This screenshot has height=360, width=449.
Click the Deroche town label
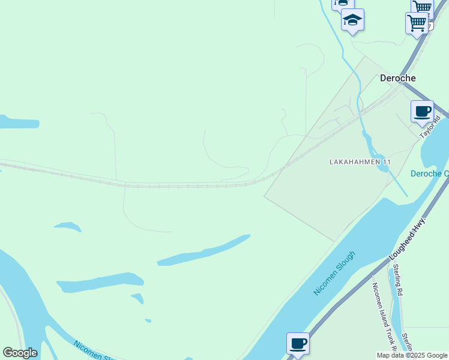397,78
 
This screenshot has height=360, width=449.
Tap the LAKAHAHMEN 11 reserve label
360,163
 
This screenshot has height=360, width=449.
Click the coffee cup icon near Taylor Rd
422,112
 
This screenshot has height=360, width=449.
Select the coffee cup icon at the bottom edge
298,344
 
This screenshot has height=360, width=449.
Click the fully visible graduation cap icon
353,20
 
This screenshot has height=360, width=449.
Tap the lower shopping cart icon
417,23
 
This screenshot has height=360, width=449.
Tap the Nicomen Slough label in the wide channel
335,273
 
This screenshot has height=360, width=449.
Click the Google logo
20,353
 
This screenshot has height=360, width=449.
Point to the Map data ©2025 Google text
412,355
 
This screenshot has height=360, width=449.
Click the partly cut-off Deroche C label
429,174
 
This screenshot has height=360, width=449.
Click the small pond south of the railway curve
67,227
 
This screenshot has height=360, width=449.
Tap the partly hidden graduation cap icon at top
342,4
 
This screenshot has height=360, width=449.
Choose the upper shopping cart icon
422,7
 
